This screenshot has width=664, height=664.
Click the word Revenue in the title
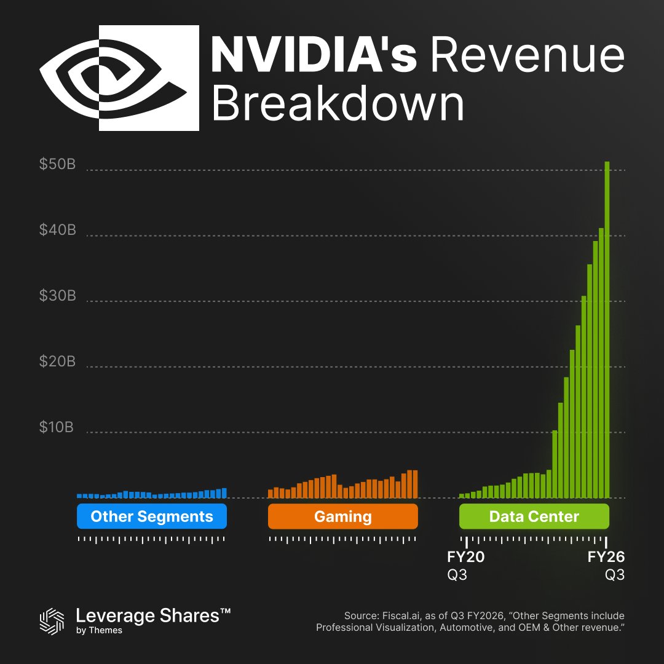[x=527, y=55]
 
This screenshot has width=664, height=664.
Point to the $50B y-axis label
[x=58, y=164]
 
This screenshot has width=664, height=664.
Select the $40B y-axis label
[x=58, y=230]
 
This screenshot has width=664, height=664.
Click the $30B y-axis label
[x=58, y=296]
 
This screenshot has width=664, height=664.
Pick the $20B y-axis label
[x=58, y=361]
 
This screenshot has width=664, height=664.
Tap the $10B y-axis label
[x=57, y=427]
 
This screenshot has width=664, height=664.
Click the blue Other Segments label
[x=152, y=516]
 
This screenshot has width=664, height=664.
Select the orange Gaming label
[x=343, y=516]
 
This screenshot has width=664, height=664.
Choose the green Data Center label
[x=534, y=516]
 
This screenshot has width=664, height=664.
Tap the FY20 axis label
[x=466, y=558]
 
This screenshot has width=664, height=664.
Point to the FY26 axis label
[x=606, y=558]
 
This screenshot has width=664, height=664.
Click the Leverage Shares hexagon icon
[x=52, y=620]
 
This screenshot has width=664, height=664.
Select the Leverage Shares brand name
[x=153, y=616]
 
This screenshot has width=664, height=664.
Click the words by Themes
[x=99, y=631]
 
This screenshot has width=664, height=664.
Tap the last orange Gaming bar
[x=415, y=484]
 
